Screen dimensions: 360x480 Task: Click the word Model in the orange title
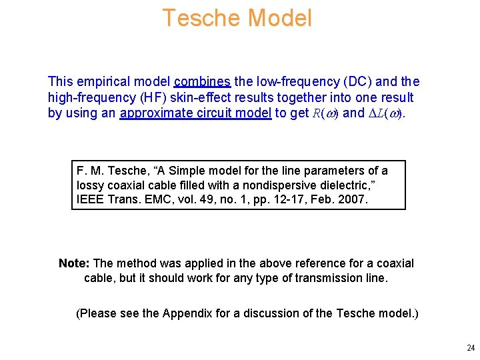[280, 18]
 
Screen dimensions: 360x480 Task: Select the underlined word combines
[202, 82]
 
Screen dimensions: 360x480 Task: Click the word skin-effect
[203, 97]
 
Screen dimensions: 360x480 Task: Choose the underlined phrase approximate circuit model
[195, 113]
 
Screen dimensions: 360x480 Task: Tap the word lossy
[91, 185]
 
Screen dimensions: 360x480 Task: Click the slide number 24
[471, 348]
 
